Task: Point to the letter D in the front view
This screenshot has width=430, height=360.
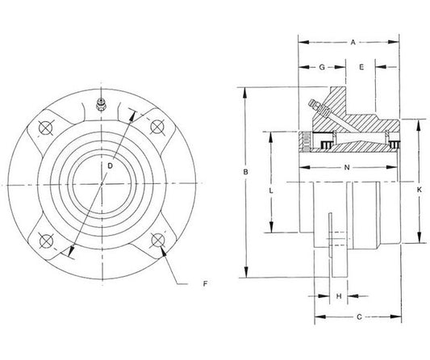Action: click(x=110, y=165)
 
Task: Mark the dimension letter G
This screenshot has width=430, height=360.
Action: click(x=321, y=67)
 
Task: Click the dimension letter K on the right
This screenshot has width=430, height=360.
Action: click(x=420, y=190)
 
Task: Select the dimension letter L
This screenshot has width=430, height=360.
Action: click(x=271, y=190)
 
